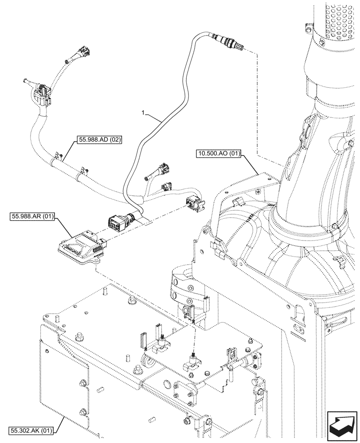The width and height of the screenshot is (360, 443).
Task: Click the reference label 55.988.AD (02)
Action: (x=100, y=140)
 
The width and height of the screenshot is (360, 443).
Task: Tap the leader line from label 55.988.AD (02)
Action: (x=67, y=151)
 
